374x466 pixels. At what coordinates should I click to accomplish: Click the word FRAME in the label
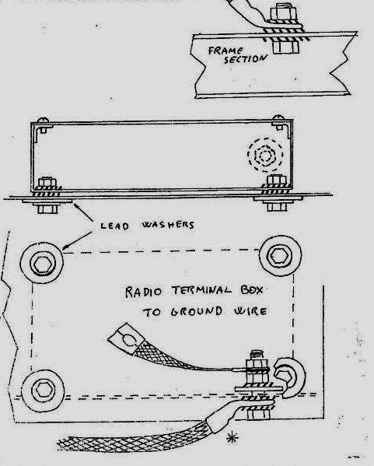pyautogui.click(x=225, y=51)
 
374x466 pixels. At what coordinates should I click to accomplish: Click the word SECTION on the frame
pyautogui.click(x=246, y=59)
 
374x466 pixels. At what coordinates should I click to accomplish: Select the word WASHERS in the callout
pyautogui.click(x=168, y=225)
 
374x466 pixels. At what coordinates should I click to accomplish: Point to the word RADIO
pyautogui.click(x=144, y=292)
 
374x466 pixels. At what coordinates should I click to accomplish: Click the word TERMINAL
pyautogui.click(x=201, y=290)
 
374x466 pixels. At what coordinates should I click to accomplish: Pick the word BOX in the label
pyautogui.click(x=252, y=289)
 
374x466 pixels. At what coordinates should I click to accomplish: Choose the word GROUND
pyautogui.click(x=197, y=311)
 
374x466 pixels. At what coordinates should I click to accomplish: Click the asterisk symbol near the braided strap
pyautogui.click(x=232, y=437)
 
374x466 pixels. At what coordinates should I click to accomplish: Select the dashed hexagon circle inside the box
pyautogui.click(x=265, y=155)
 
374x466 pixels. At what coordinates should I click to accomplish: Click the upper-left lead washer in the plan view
pyautogui.click(x=42, y=263)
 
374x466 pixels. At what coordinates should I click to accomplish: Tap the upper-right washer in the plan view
pyautogui.click(x=280, y=256)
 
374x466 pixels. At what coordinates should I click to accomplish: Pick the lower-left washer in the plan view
pyautogui.click(x=44, y=391)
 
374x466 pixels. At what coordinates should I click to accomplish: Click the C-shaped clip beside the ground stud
pyautogui.click(x=289, y=377)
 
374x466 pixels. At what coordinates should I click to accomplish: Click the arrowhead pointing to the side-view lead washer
pyautogui.click(x=76, y=205)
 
